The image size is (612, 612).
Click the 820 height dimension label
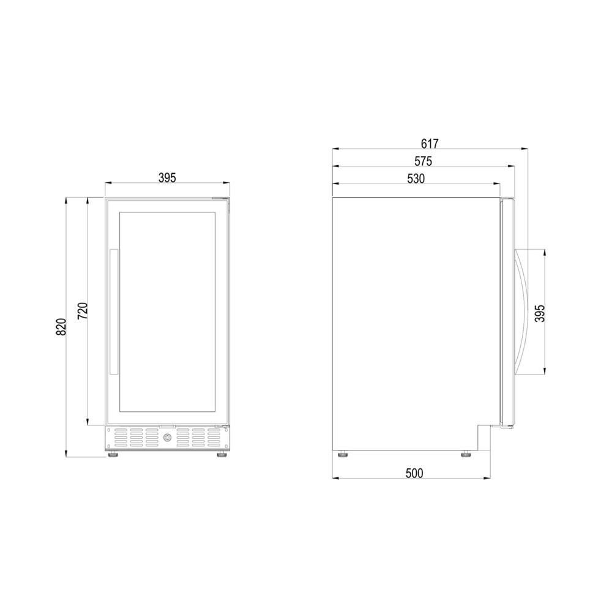pyautogui.click(x=61, y=327)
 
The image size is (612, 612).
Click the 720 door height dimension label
pyautogui.click(x=83, y=311)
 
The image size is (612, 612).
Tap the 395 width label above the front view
pyautogui.click(x=167, y=177)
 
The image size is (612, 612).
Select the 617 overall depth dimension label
pyautogui.click(x=430, y=144)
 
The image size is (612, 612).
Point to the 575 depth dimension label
pyautogui.click(x=423, y=161)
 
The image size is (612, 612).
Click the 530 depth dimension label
pyautogui.click(x=416, y=178)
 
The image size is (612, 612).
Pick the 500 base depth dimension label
pyautogui.click(x=414, y=473)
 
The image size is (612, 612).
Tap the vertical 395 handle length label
pyautogui.click(x=539, y=313)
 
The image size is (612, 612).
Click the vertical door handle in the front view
pyautogui.click(x=114, y=312)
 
